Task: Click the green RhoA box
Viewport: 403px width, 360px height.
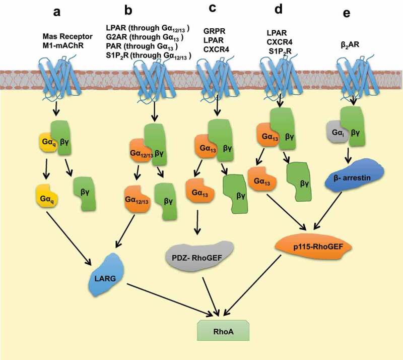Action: pos(223,330)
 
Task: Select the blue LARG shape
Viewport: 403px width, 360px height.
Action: pos(106,275)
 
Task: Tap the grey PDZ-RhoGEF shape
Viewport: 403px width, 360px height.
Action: pos(199,256)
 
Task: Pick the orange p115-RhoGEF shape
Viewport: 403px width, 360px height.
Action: pos(313,247)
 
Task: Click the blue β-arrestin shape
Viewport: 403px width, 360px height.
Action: pos(354,176)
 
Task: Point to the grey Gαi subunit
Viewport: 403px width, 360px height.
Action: pos(337,132)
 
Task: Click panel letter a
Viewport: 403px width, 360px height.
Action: pos(57,12)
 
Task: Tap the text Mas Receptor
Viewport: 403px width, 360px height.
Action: pos(68,36)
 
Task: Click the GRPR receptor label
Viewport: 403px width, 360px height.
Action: pos(215,31)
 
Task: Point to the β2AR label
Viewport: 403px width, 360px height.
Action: pos(350,45)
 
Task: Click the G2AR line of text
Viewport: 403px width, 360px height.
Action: pos(145,37)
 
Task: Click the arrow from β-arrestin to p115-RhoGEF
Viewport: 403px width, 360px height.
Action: pos(327,210)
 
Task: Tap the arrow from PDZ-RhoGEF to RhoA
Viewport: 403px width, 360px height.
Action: pos(211,296)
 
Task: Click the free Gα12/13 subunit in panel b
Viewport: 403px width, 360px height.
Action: pos(137,199)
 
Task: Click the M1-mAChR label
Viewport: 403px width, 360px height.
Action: pos(63,45)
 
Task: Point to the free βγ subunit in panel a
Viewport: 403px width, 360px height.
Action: pos(85,194)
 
